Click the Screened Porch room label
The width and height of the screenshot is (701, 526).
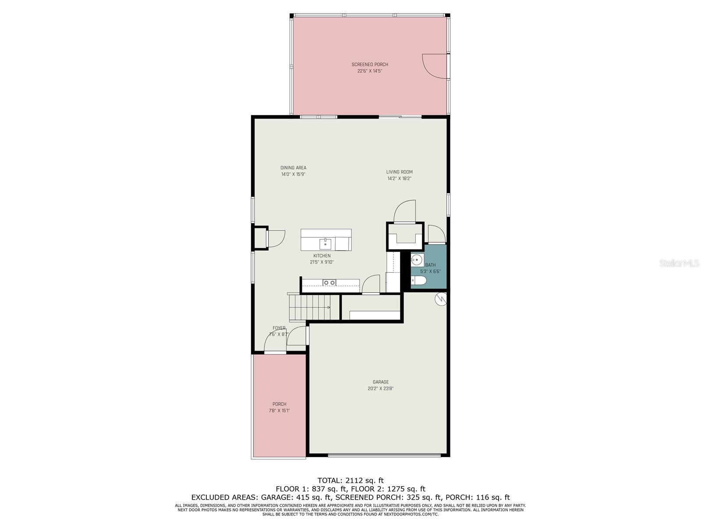click(369, 64)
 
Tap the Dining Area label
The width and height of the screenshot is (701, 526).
click(293, 168)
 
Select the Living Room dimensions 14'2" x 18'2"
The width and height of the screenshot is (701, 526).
click(399, 178)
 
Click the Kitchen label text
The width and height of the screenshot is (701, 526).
click(322, 256)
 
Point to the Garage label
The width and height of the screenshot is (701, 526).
click(380, 382)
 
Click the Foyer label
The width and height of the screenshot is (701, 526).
click(279, 328)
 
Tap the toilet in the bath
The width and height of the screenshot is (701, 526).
click(419, 281)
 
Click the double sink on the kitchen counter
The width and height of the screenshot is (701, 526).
click(329, 282)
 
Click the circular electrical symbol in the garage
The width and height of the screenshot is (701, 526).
click(441, 299)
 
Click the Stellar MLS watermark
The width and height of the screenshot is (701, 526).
click(679, 263)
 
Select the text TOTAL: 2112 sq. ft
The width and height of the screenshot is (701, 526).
click(350, 480)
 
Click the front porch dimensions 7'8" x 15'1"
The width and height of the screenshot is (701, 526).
click(279, 411)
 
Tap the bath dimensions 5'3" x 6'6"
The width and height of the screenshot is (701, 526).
click(430, 271)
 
